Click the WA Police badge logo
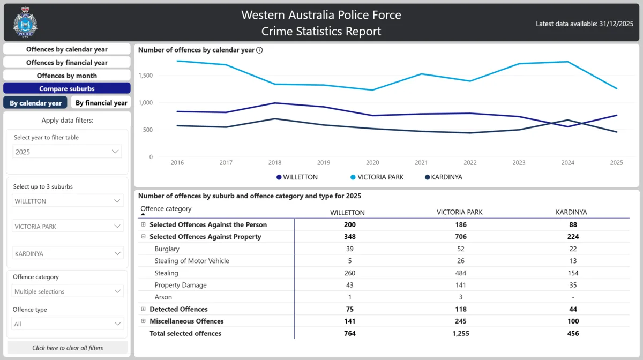click(25, 22)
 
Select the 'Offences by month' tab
click(67, 76)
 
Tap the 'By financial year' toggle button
click(101, 103)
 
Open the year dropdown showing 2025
click(67, 152)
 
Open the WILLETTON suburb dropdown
click(68, 201)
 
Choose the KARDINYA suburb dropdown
click(68, 253)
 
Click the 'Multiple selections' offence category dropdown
click(68, 291)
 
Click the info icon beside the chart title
click(259, 50)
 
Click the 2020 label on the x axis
click(372, 163)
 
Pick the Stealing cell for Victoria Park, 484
click(459, 273)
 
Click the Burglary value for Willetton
click(347, 249)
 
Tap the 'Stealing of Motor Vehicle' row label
click(191, 261)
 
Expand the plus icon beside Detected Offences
click(143, 309)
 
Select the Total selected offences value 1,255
click(459, 333)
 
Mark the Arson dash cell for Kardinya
click(573, 297)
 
